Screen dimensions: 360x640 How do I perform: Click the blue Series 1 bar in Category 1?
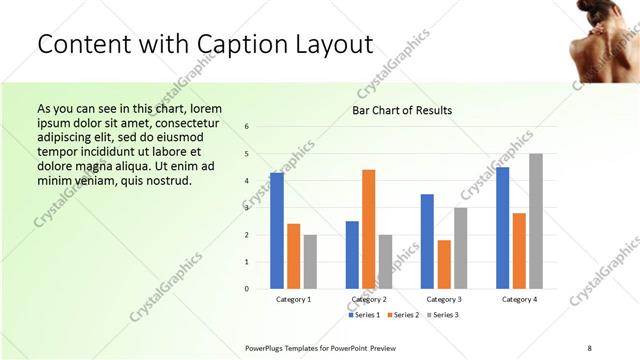click(277, 231)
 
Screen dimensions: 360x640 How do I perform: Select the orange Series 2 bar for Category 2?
click(369, 229)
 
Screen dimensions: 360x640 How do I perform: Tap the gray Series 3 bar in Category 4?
click(536, 221)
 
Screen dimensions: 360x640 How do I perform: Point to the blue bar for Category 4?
click(502, 228)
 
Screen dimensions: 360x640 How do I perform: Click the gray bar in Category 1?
click(310, 262)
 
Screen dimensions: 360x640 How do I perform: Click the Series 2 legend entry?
click(404, 315)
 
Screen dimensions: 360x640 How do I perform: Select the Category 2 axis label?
click(369, 299)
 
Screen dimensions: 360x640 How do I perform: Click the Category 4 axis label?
click(519, 299)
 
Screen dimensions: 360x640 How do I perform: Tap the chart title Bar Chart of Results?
click(402, 110)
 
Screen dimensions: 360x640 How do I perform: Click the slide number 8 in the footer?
click(589, 347)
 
